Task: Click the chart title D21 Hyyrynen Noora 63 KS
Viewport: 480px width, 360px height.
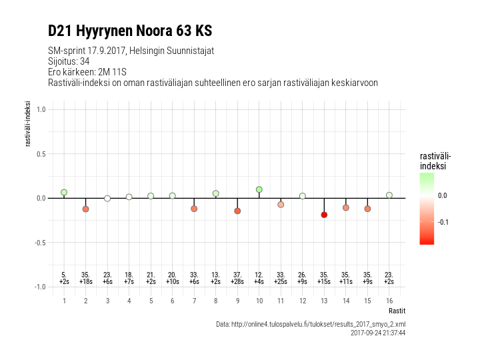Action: pos(130,31)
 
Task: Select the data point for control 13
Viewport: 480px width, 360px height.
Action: pos(324,215)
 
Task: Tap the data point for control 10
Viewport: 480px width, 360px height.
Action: pos(259,189)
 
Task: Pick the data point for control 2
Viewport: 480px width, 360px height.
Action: pos(85,209)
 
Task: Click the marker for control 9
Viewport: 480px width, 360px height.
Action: pos(237,211)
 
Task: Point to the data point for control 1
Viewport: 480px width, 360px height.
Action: pos(64,192)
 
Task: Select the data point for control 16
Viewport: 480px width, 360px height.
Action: pos(389,195)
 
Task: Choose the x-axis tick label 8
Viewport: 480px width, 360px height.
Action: pos(215,301)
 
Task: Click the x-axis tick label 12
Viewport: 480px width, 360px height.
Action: pos(302,301)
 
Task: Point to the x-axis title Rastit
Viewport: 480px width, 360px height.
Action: pos(397,311)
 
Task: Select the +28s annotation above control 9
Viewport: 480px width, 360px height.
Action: pos(237,282)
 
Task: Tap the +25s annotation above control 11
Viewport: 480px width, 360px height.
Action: pos(281,282)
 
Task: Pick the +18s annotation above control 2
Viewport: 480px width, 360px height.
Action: pos(85,282)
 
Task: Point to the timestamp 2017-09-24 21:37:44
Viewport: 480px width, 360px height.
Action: pos(377,333)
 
